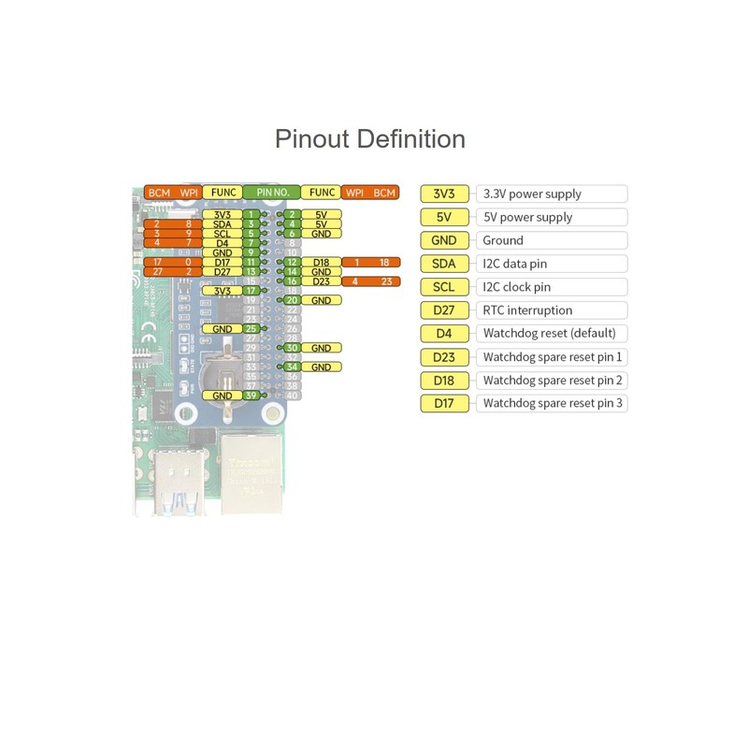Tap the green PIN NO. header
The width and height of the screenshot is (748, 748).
pos(272,193)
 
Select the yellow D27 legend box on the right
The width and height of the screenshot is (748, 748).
pos(444,310)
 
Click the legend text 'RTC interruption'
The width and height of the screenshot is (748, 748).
pos(527,310)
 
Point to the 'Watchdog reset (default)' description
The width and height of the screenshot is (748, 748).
pos(549,334)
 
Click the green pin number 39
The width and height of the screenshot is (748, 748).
pos(251,396)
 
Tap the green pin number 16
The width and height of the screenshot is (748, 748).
pos(292,280)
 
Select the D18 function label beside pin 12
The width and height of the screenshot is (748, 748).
pos(322,263)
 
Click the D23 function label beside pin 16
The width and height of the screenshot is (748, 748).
pos(322,280)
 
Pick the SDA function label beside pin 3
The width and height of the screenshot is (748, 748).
pos(222,224)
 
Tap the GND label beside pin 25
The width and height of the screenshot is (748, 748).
pos(222,329)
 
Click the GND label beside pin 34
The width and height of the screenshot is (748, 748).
pos(322,367)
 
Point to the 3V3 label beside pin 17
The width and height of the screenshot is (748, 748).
pos(222,291)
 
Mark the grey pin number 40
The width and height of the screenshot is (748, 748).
pos(292,396)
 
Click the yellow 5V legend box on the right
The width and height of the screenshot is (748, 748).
pos(444,217)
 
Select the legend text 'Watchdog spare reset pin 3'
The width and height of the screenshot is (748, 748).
pos(553,403)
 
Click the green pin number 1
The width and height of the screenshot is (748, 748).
pos(251,215)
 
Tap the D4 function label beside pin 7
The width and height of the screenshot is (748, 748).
pos(222,243)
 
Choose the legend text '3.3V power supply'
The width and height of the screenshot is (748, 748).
pos(531,194)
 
